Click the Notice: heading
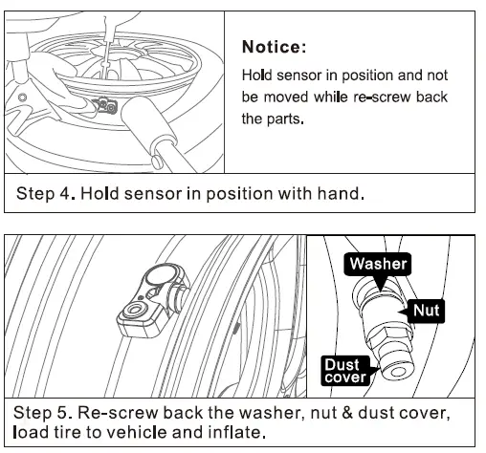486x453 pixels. (x=275, y=46)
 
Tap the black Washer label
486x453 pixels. (x=379, y=264)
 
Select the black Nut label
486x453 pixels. (x=429, y=310)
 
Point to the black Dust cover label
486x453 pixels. (x=342, y=370)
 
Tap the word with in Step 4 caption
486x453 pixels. (x=297, y=193)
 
